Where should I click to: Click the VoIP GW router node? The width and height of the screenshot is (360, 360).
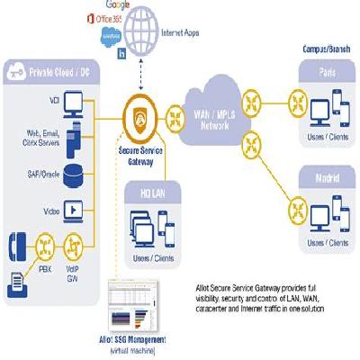(x=74, y=245)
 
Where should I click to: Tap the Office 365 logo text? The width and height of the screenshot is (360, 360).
(x=107, y=17)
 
